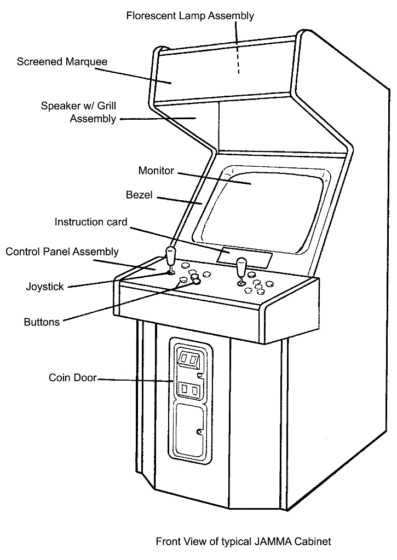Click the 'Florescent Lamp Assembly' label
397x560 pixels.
tap(190, 16)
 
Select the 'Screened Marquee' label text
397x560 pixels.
tap(62, 61)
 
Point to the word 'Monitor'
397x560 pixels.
tap(156, 171)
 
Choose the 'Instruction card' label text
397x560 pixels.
tap(91, 222)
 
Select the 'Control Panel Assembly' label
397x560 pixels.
tap(62, 252)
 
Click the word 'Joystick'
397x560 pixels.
tap(45, 287)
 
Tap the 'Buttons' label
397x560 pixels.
tap(42, 322)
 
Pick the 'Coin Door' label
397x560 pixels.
tap(72, 377)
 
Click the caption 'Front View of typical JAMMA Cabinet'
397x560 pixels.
tap(243, 542)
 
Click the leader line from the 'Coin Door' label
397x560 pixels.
tap(134, 380)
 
